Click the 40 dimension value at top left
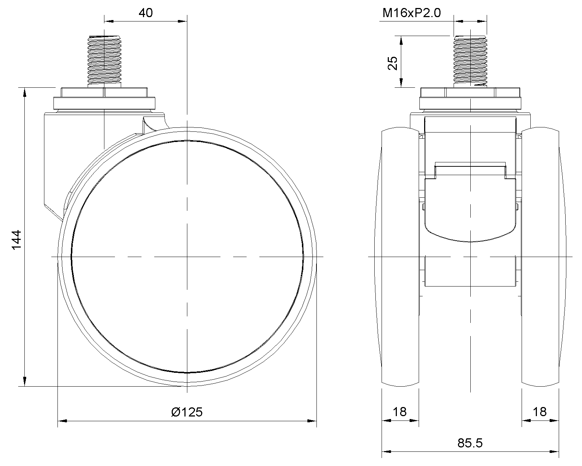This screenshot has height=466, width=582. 146,13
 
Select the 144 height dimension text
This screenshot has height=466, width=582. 16,240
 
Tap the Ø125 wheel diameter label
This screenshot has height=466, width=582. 187,412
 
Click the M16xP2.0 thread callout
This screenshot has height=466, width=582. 411,13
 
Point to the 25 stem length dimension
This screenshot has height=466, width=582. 393,63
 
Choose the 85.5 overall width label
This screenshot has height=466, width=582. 470,443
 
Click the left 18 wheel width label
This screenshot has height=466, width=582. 399,412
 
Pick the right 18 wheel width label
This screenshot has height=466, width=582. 539,412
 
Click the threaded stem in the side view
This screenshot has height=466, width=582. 104,61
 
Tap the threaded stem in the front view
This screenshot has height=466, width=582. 470,61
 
